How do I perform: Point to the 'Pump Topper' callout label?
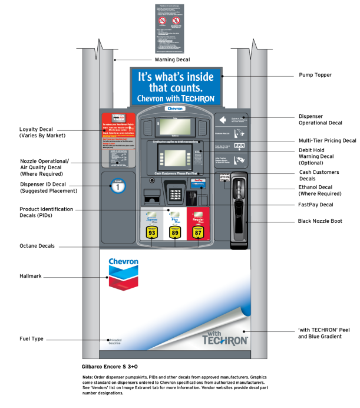coord(315,75)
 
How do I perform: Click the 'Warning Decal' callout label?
coord(173,60)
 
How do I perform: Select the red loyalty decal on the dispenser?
coord(119,130)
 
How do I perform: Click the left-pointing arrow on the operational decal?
coord(223,120)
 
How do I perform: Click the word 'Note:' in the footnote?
coord(88,377)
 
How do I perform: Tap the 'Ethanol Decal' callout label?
coord(316,189)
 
